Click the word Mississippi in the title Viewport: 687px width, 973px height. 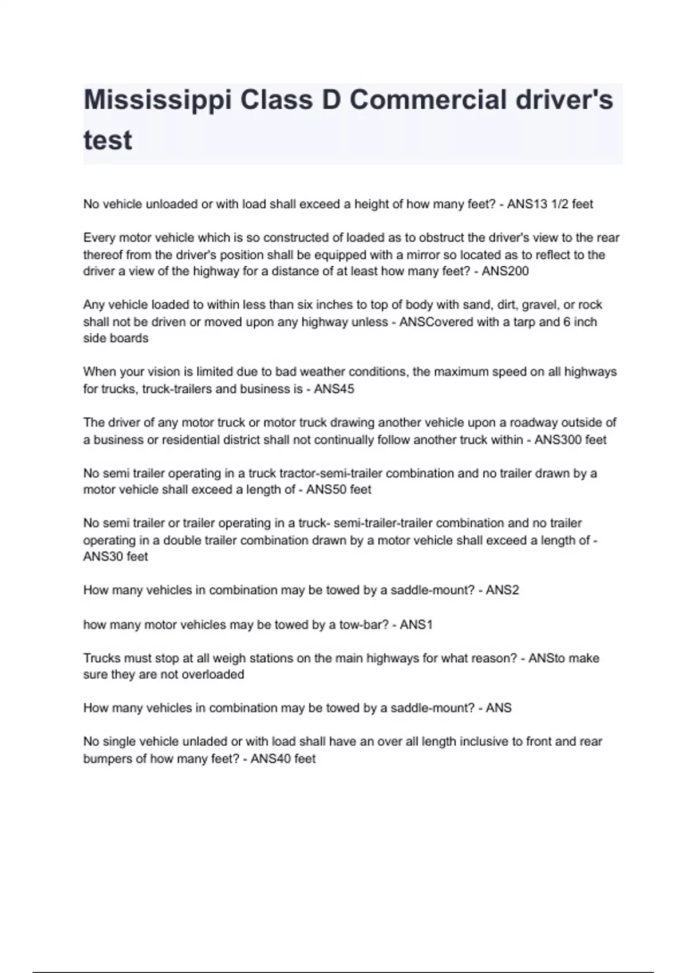pos(158,101)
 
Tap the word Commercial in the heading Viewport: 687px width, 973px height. pos(428,100)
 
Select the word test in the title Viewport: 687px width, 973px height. pos(108,140)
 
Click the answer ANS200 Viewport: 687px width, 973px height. pos(505,271)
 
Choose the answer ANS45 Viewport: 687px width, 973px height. pos(334,389)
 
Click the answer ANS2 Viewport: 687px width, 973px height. pos(502,591)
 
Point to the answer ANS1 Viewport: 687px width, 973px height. pos(416,624)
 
